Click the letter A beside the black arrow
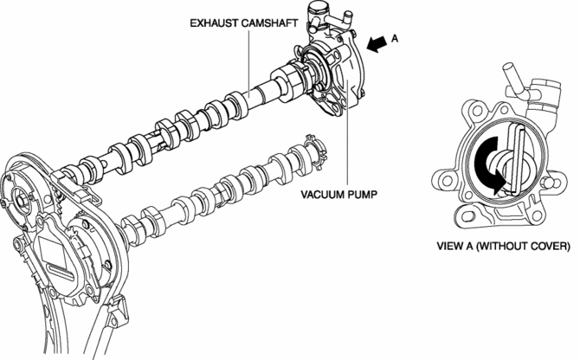tap(396, 39)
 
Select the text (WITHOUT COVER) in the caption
tap(527, 246)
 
